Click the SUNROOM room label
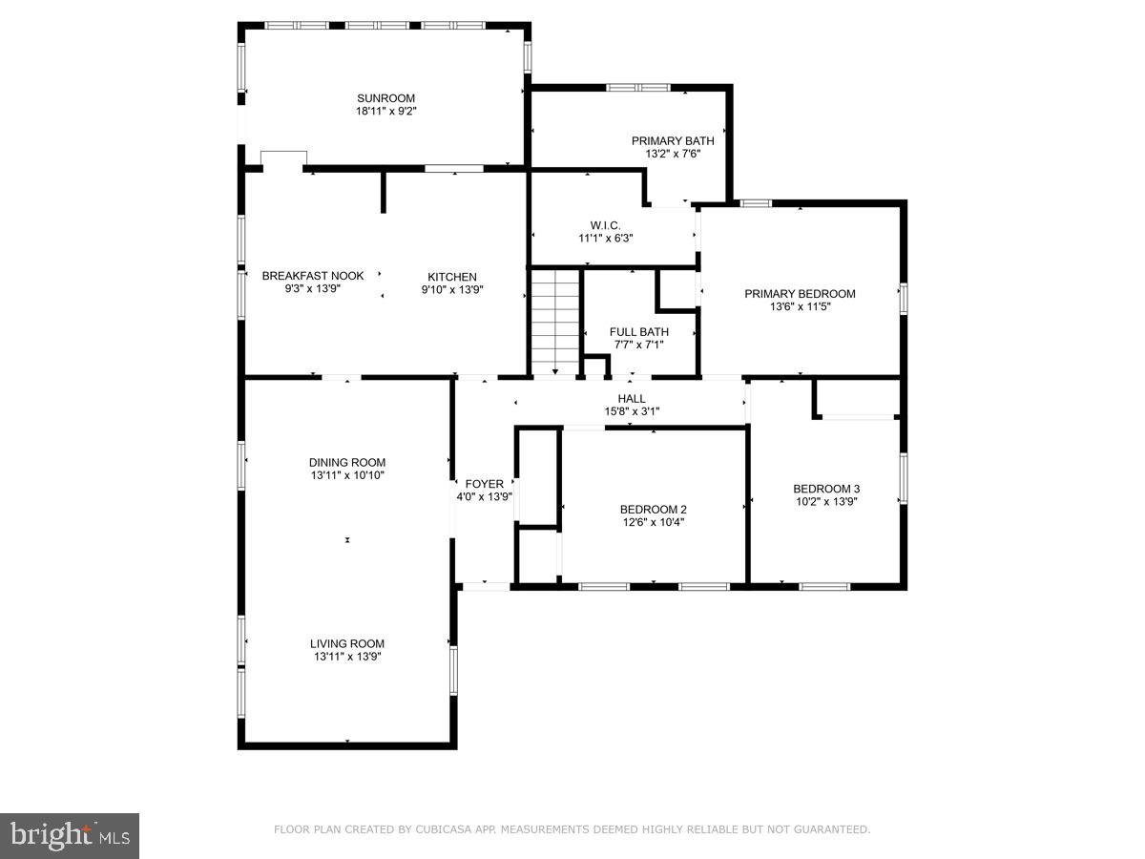point(385,97)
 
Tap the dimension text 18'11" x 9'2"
point(385,111)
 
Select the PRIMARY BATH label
point(672,140)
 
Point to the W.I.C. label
point(605,224)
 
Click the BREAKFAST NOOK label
point(312,276)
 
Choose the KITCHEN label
point(451,277)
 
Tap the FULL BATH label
point(638,331)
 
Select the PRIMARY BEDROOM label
point(800,294)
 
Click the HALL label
point(631,398)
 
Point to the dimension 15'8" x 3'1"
point(631,411)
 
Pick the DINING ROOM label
point(347,462)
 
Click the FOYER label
point(484,484)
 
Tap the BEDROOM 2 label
point(653,509)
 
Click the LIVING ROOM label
point(347,643)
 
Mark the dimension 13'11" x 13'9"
point(347,657)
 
